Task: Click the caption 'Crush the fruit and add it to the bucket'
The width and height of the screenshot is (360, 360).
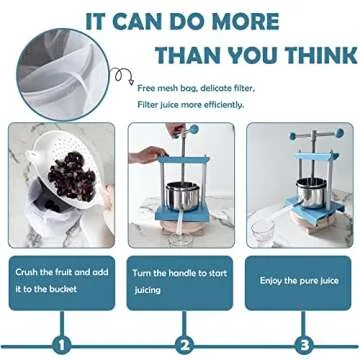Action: pyautogui.click(x=59, y=281)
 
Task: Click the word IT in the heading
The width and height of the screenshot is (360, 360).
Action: pyautogui.click(x=99, y=20)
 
